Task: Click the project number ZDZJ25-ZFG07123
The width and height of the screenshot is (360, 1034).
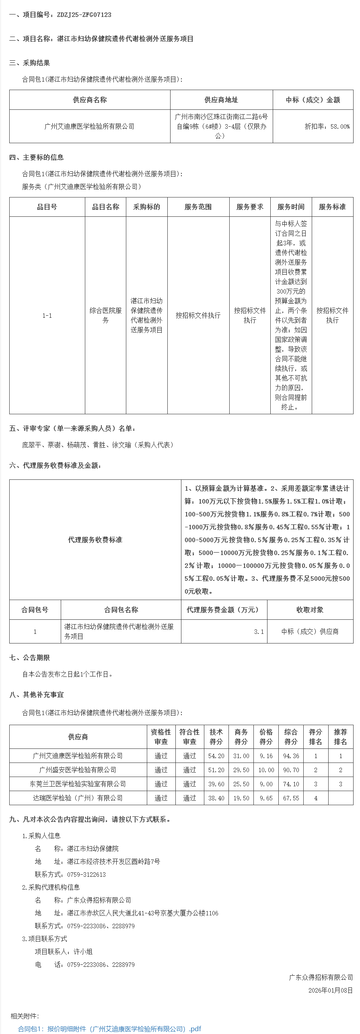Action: (84, 15)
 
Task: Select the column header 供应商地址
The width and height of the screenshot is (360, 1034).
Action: (221, 100)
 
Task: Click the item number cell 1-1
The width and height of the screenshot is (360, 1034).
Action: (47, 316)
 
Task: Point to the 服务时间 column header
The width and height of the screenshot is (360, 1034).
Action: (291, 207)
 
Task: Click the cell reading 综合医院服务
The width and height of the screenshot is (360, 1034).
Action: (105, 315)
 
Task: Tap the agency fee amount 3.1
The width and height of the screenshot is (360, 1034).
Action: (259, 632)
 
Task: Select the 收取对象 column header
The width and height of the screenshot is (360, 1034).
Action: (310, 610)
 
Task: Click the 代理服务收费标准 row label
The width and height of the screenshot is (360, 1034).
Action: (95, 540)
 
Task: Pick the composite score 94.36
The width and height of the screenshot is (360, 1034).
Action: (291, 756)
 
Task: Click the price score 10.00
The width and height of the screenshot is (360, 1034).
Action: (266, 770)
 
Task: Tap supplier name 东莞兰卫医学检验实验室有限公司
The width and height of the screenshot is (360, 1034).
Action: (78, 784)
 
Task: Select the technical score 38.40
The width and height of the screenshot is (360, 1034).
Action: (216, 798)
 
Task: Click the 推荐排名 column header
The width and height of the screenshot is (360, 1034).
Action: (340, 737)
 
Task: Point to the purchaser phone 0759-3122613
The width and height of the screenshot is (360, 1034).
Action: (86, 875)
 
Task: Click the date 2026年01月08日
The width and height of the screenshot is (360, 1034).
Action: (330, 991)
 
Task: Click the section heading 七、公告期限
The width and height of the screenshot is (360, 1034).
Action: (30, 658)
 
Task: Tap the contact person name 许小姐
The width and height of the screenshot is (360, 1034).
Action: (83, 952)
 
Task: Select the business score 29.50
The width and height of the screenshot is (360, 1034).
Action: (241, 770)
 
